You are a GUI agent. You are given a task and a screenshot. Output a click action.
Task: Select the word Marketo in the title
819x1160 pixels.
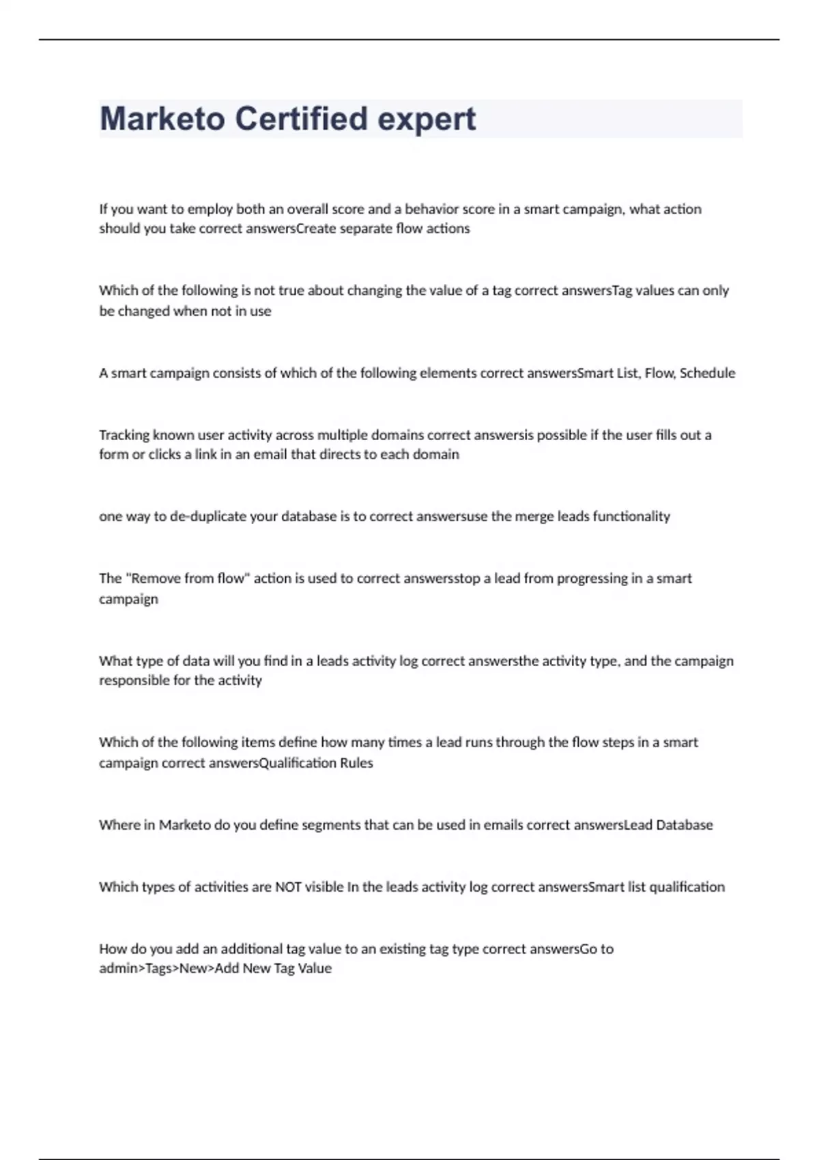162,119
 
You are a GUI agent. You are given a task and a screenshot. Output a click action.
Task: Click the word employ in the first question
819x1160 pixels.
210,209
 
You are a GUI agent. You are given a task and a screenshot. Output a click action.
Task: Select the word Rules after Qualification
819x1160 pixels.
356,763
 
